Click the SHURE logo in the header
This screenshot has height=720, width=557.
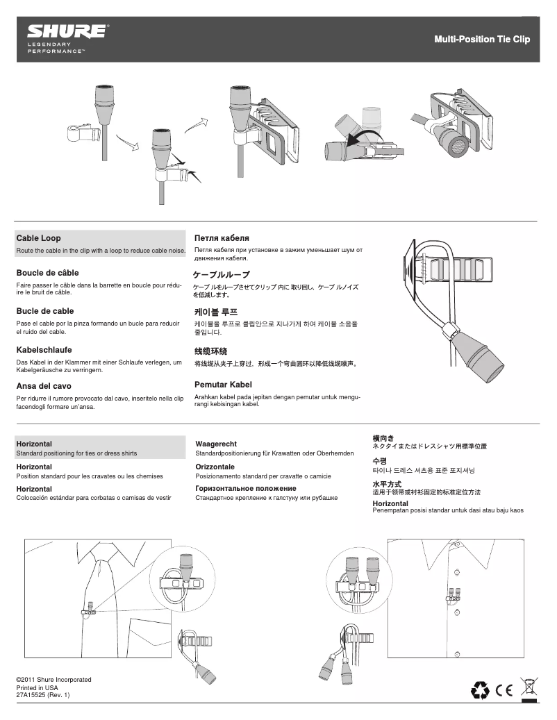pyautogui.click(x=67, y=32)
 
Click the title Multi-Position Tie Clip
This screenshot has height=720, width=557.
pyautogui.click(x=481, y=40)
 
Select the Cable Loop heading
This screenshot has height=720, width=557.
pyautogui.click(x=39, y=238)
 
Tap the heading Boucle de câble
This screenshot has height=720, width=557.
pyautogui.click(x=47, y=273)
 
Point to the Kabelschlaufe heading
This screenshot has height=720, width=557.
pyautogui.click(x=44, y=350)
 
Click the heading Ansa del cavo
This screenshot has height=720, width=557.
pyautogui.click(x=44, y=385)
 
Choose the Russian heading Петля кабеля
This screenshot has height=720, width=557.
pyautogui.click(x=222, y=238)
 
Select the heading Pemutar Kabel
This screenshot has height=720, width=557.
pyautogui.click(x=223, y=384)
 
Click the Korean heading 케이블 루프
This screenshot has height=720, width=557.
pyautogui.click(x=216, y=312)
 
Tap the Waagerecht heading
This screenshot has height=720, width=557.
pyautogui.click(x=217, y=444)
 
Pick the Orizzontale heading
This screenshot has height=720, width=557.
pyautogui.click(x=215, y=467)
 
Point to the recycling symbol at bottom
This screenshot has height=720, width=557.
pyautogui.click(x=480, y=689)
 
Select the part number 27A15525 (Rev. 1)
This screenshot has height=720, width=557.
pyautogui.click(x=42, y=695)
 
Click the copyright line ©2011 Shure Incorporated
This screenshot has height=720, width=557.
pyautogui.click(x=53, y=679)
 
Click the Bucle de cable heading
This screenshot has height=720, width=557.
pyautogui.click(x=45, y=311)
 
